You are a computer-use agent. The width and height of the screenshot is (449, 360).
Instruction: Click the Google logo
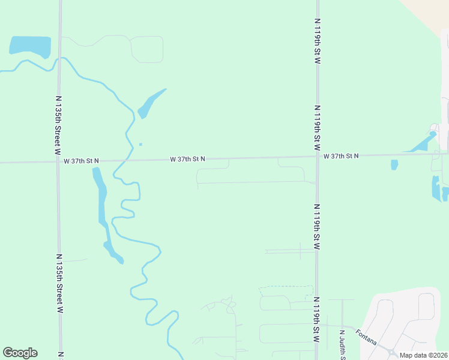click(x=20, y=353)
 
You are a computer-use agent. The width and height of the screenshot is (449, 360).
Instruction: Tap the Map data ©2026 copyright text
click(x=423, y=355)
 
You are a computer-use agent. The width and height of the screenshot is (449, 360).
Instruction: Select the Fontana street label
click(x=366, y=337)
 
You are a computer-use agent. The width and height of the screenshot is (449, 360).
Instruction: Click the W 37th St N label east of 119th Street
click(x=341, y=156)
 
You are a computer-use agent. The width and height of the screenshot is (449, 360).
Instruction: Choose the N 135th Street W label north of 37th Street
click(x=58, y=123)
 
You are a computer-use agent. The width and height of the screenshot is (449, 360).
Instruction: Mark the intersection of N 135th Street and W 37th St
click(x=58, y=161)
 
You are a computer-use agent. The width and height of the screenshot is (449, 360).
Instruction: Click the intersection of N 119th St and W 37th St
click(x=318, y=157)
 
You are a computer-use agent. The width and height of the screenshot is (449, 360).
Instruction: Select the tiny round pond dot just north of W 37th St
click(x=140, y=144)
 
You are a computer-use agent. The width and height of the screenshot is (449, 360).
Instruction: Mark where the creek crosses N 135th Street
click(x=59, y=58)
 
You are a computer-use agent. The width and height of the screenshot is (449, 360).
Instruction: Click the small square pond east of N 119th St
click(x=394, y=164)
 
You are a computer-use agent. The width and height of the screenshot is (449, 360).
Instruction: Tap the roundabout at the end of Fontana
click(x=391, y=353)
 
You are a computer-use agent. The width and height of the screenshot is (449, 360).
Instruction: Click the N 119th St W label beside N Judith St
click(x=316, y=327)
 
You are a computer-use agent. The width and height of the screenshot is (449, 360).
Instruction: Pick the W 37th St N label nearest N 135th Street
click(x=81, y=161)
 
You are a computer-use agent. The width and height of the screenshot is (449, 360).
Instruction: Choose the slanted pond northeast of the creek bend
click(x=150, y=103)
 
